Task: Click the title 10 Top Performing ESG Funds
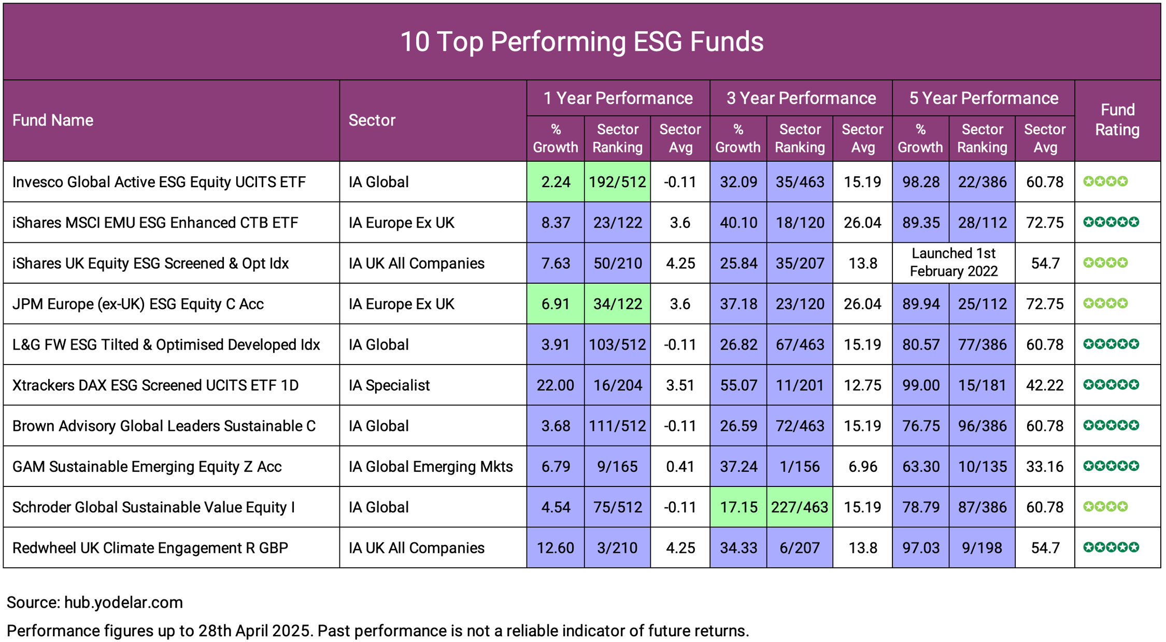point(581,41)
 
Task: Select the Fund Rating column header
point(1117,120)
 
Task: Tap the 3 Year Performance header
point(801,98)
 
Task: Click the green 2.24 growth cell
point(555,182)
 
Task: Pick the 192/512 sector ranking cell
point(617,182)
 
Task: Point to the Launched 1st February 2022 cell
point(954,262)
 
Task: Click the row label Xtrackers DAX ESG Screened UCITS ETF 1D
point(155,385)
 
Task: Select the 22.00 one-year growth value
point(555,385)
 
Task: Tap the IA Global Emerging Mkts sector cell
point(431,467)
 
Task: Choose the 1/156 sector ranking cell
point(800,467)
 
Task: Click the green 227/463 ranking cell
point(800,507)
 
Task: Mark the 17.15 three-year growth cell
point(738,507)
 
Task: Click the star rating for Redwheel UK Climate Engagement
point(1111,547)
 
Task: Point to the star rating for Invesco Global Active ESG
point(1105,182)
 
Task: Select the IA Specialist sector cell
point(389,385)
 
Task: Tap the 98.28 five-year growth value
point(920,182)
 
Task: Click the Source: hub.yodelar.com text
point(95,603)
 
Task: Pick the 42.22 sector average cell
point(1045,385)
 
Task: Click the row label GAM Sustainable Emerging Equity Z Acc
point(147,467)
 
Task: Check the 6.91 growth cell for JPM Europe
point(555,304)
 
